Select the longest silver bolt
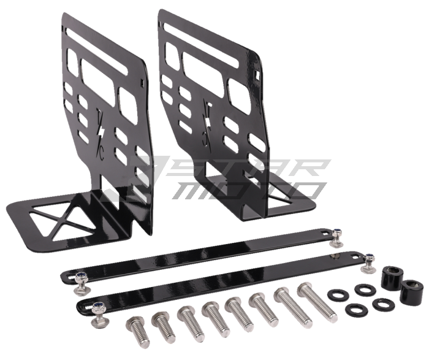tap(317, 302)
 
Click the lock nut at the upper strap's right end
tap(336, 234)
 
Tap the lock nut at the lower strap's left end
tap(97, 307)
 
